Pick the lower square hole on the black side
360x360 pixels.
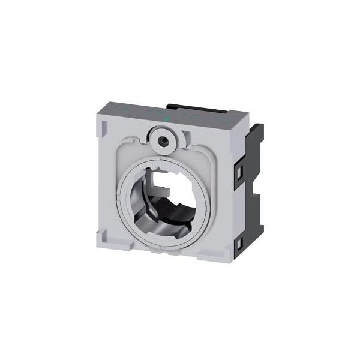tap(239, 243)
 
